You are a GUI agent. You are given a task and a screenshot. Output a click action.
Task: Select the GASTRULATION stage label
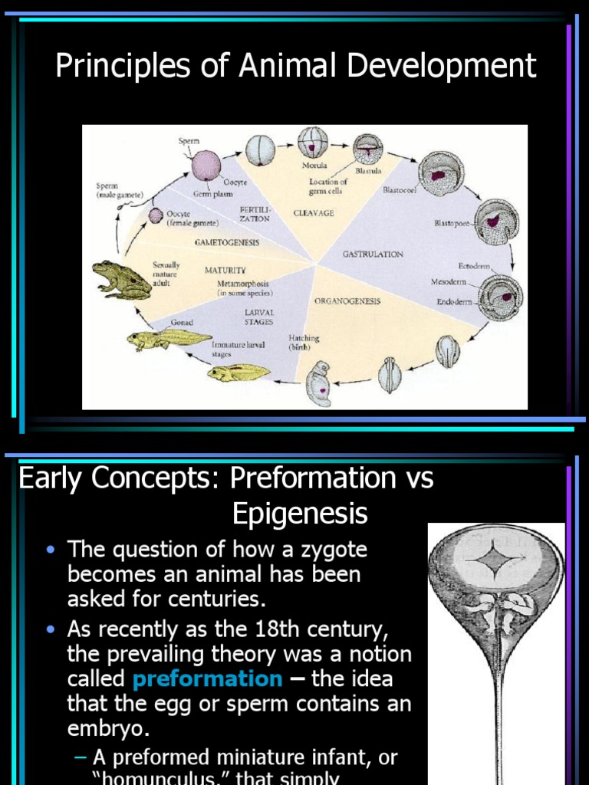pos(372,254)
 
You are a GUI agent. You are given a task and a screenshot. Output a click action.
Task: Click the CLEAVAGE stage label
pos(314,213)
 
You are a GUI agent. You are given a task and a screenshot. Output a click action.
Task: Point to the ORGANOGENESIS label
pos(347,301)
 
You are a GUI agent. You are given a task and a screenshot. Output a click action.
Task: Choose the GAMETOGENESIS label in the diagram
pos(226,242)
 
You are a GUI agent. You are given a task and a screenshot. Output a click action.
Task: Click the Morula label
pos(314,165)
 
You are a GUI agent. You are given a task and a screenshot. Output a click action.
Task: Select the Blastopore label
pos(452,223)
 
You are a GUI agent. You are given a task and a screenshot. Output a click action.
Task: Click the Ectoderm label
pos(475,266)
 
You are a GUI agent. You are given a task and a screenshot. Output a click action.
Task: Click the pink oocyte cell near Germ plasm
pos(206,165)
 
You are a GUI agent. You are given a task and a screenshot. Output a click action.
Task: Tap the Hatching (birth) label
pos(304,343)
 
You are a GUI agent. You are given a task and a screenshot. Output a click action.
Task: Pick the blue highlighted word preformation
pos(207,678)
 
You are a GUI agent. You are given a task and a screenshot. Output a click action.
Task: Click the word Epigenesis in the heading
pos(300,514)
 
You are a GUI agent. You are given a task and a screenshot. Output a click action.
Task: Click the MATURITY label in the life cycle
pos(225,270)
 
